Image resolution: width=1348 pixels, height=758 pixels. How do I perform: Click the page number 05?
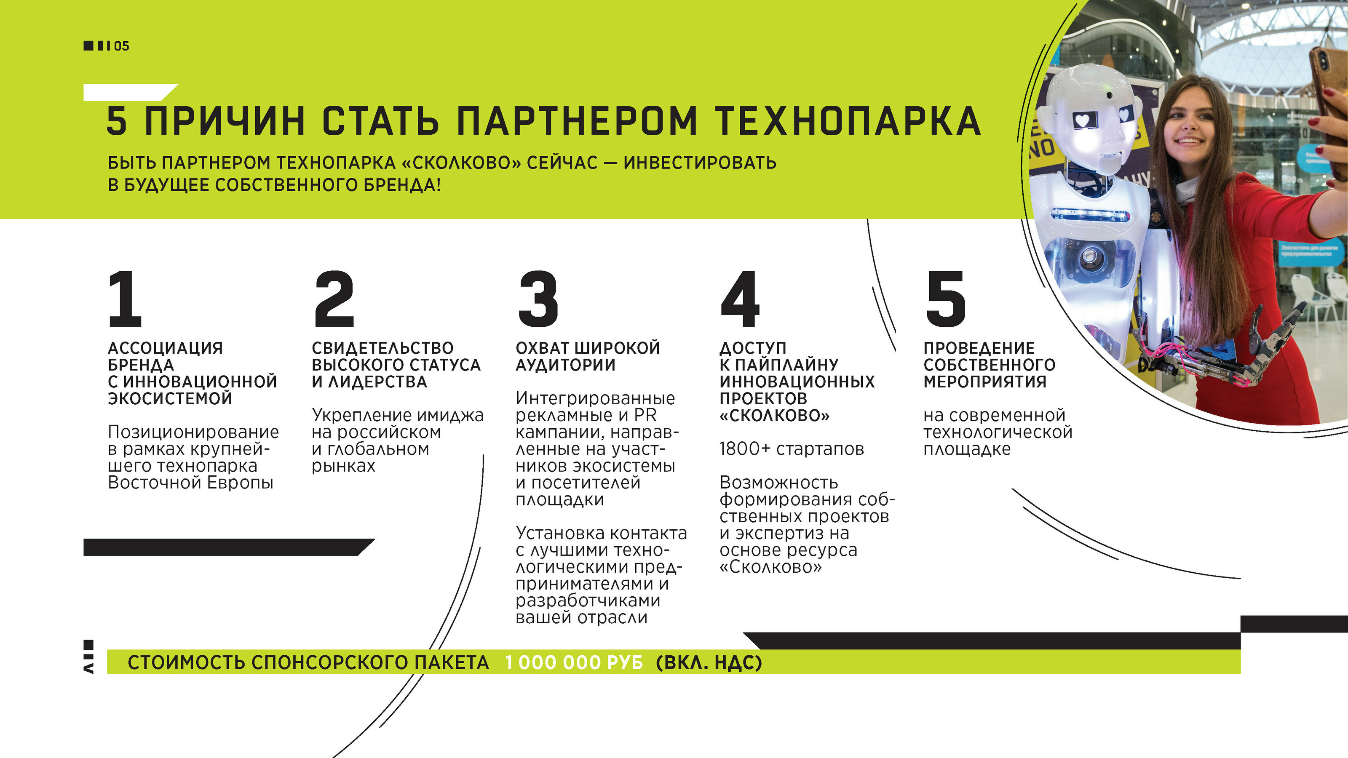121,46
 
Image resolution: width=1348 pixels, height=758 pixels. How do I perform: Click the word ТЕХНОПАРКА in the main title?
848,121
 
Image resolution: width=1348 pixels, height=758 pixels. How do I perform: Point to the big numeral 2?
334,298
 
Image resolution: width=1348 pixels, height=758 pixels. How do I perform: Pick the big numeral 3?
538,298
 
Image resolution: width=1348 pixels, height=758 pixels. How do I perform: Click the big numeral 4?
740,298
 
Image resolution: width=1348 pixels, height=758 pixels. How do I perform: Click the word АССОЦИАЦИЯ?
166,348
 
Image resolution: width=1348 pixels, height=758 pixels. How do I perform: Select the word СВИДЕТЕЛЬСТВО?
382,348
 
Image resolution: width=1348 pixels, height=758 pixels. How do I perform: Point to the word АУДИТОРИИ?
565,365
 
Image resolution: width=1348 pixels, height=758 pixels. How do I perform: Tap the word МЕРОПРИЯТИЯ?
985,382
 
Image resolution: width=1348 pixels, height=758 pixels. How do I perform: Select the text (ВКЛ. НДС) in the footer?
709,662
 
